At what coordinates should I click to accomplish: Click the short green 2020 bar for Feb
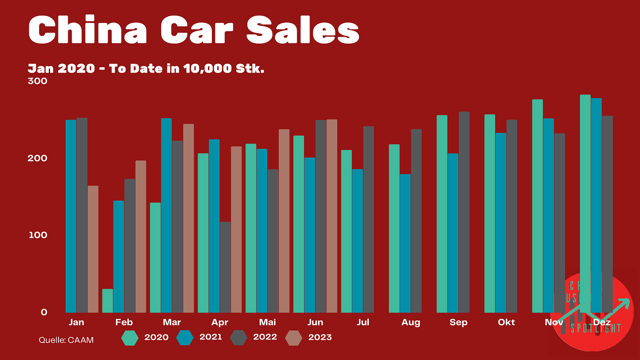pos(108,301)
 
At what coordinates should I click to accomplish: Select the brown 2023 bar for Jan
pos(93,249)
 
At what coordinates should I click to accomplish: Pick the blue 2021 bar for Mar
pos(166,215)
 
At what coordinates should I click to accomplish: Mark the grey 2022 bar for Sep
pos(464,212)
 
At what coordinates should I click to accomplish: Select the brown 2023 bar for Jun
pos(331,216)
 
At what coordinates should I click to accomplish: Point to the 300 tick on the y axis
pos(37,81)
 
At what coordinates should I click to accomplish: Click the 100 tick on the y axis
pos(37,235)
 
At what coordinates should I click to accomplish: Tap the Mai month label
pos(267,322)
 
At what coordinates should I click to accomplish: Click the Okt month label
pos(506,322)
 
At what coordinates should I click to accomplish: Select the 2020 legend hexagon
pos(130,338)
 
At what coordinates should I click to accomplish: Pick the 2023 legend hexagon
pos(294,338)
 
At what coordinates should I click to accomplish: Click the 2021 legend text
pos(211,337)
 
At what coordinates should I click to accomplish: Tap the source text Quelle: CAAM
pos(66,340)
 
